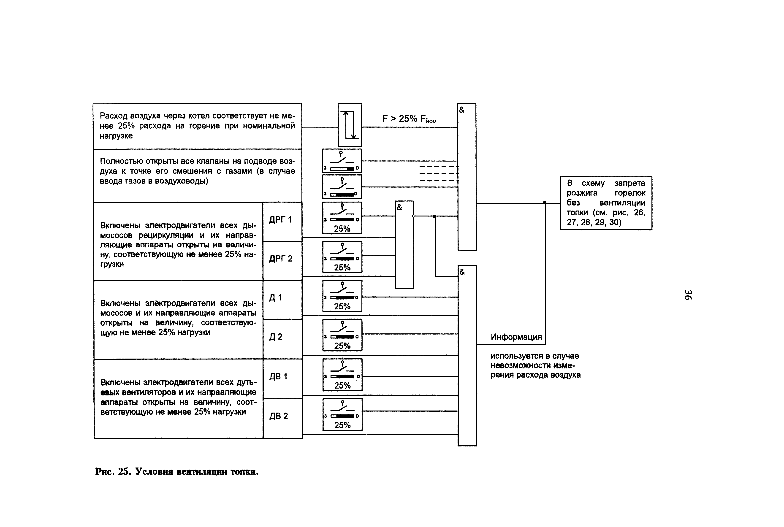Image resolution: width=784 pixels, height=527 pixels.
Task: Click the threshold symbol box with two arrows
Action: point(350,125)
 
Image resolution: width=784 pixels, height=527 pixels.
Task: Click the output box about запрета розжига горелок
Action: point(606,203)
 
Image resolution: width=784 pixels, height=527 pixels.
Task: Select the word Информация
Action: point(516,337)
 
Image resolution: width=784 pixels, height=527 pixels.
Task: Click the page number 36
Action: point(688,295)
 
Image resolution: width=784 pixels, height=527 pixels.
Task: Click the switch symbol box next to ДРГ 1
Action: point(342,218)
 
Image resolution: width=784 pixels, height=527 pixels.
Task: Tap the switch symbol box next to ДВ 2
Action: point(342,414)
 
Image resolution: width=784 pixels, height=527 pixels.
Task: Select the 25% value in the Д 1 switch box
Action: point(342,307)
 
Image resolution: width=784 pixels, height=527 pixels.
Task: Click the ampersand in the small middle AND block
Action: point(399,207)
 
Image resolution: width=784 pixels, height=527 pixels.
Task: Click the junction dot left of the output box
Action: point(545,203)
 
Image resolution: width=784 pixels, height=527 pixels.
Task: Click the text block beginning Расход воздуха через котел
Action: point(197,126)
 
